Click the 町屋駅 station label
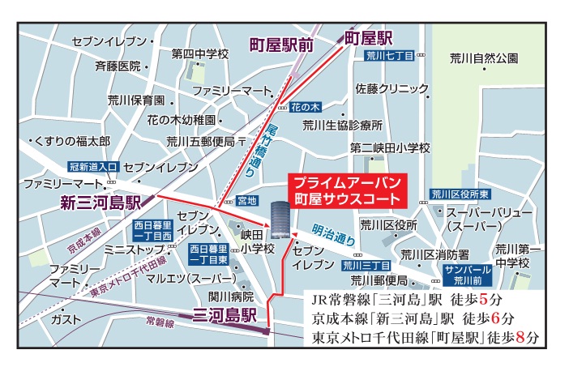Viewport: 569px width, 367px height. pyautogui.click(x=369, y=37)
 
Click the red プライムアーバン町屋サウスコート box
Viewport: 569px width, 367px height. pyautogui.click(x=347, y=190)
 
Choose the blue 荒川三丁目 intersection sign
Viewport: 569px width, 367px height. pyautogui.click(x=366, y=264)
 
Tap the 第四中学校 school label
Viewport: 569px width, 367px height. pyautogui.click(x=199, y=53)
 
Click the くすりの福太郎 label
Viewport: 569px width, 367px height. pyautogui.click(x=71, y=141)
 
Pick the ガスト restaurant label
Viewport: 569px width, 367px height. pyautogui.click(x=66, y=319)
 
